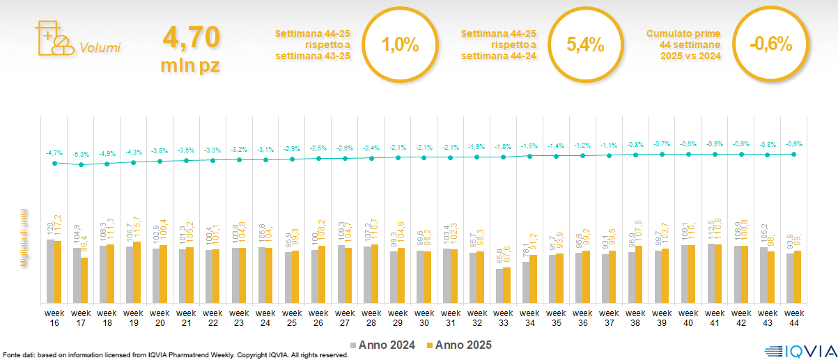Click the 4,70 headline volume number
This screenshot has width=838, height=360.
pos(191,37)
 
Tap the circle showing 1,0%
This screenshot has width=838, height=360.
pos(400,45)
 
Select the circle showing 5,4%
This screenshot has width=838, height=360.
pos(584,45)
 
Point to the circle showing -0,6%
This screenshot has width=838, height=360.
pos(770,45)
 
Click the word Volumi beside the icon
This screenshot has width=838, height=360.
pos(100,48)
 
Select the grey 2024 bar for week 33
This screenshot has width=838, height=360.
pos(499,285)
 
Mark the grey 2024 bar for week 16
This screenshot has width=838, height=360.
pos(50,271)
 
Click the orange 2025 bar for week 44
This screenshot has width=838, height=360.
pos(798,276)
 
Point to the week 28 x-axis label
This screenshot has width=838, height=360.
pos(371,317)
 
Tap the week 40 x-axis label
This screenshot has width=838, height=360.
pos(689,317)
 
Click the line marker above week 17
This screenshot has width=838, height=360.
pos(81,165)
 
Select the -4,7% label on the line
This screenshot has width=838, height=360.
pos(54,152)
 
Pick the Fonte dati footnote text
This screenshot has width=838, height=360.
pos(174,355)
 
